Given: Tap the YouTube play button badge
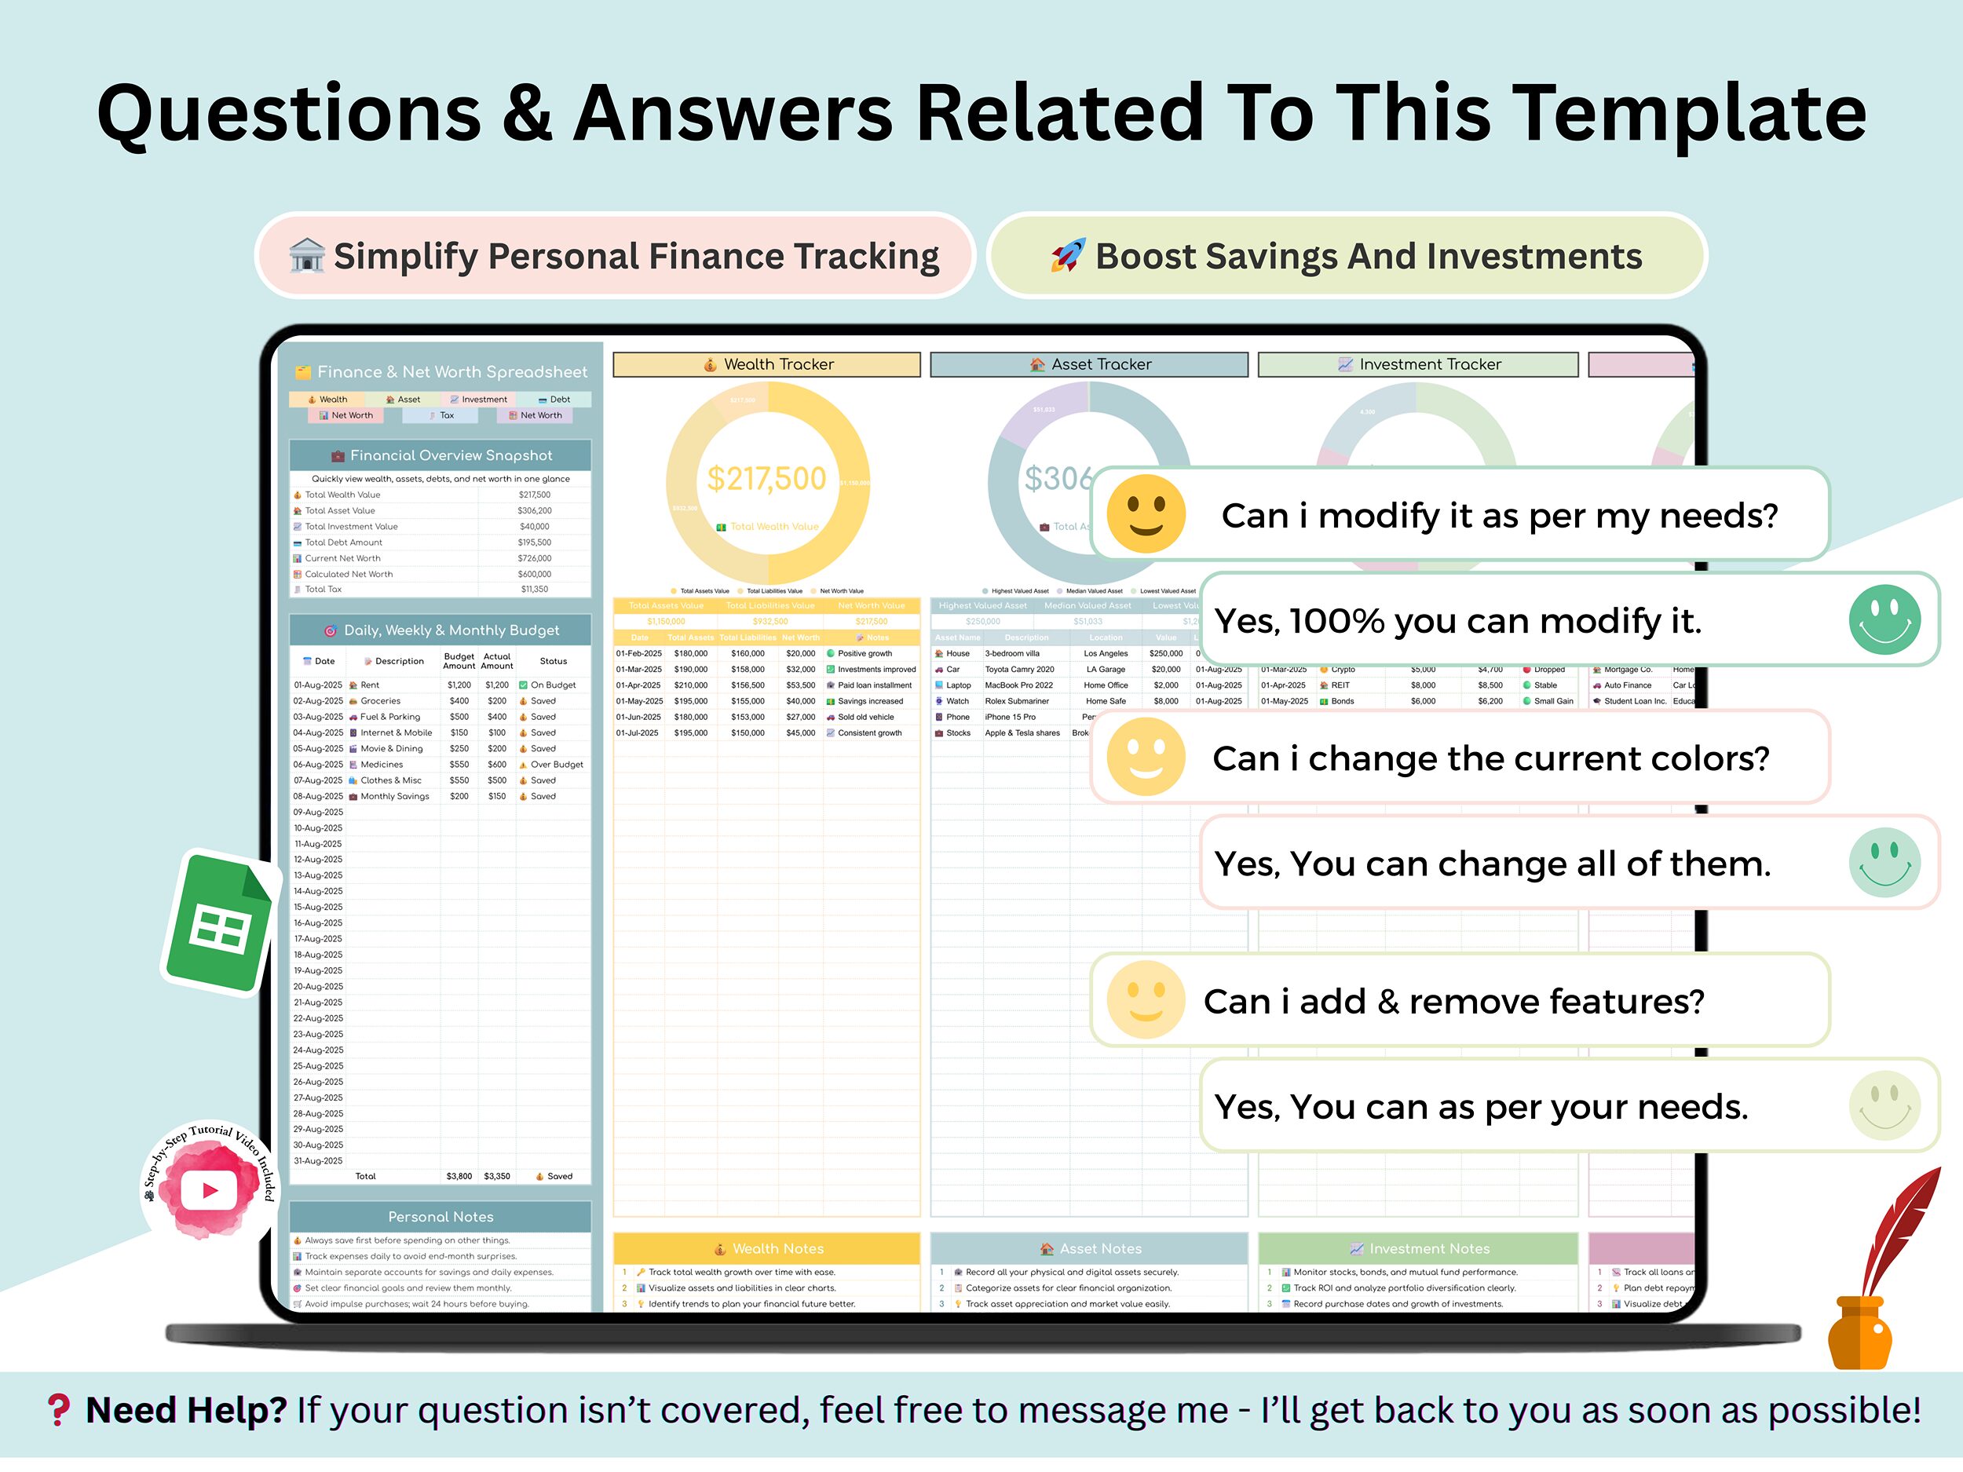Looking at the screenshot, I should coord(210,1189).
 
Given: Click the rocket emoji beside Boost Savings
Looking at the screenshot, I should coord(1068,257).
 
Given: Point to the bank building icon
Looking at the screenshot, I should coord(307,257).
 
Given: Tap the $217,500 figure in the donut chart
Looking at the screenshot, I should coord(766,479).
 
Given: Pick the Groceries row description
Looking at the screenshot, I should coord(380,701).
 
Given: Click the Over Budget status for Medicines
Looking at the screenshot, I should coord(557,765).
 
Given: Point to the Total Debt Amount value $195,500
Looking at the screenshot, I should coord(534,543).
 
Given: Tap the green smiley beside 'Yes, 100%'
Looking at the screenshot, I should coord(1884,620).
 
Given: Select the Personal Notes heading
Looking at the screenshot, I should coord(440,1218).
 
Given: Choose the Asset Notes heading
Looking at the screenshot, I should coord(1100,1249).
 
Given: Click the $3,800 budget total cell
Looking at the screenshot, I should coord(459,1177).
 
